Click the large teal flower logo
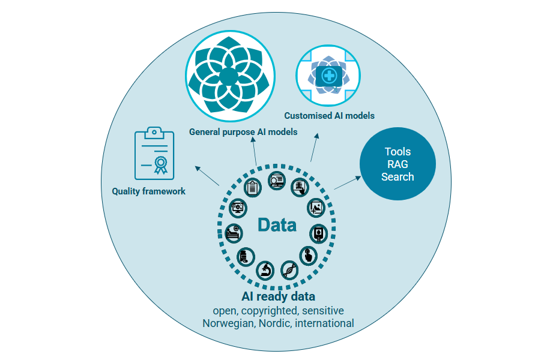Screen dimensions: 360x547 (228, 74)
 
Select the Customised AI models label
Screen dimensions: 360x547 (329, 116)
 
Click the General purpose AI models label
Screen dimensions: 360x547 (243, 132)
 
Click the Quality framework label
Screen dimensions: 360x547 (148, 191)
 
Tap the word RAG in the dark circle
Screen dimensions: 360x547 (397, 164)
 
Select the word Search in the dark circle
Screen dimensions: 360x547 (397, 177)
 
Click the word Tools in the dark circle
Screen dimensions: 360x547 (397, 152)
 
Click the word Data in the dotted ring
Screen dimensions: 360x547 (277, 225)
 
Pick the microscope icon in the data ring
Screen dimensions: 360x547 (265, 270)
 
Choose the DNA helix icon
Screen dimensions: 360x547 (289, 270)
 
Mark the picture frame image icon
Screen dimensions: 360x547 (316, 208)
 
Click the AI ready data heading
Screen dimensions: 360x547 (278, 296)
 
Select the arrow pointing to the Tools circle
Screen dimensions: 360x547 (346, 182)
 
